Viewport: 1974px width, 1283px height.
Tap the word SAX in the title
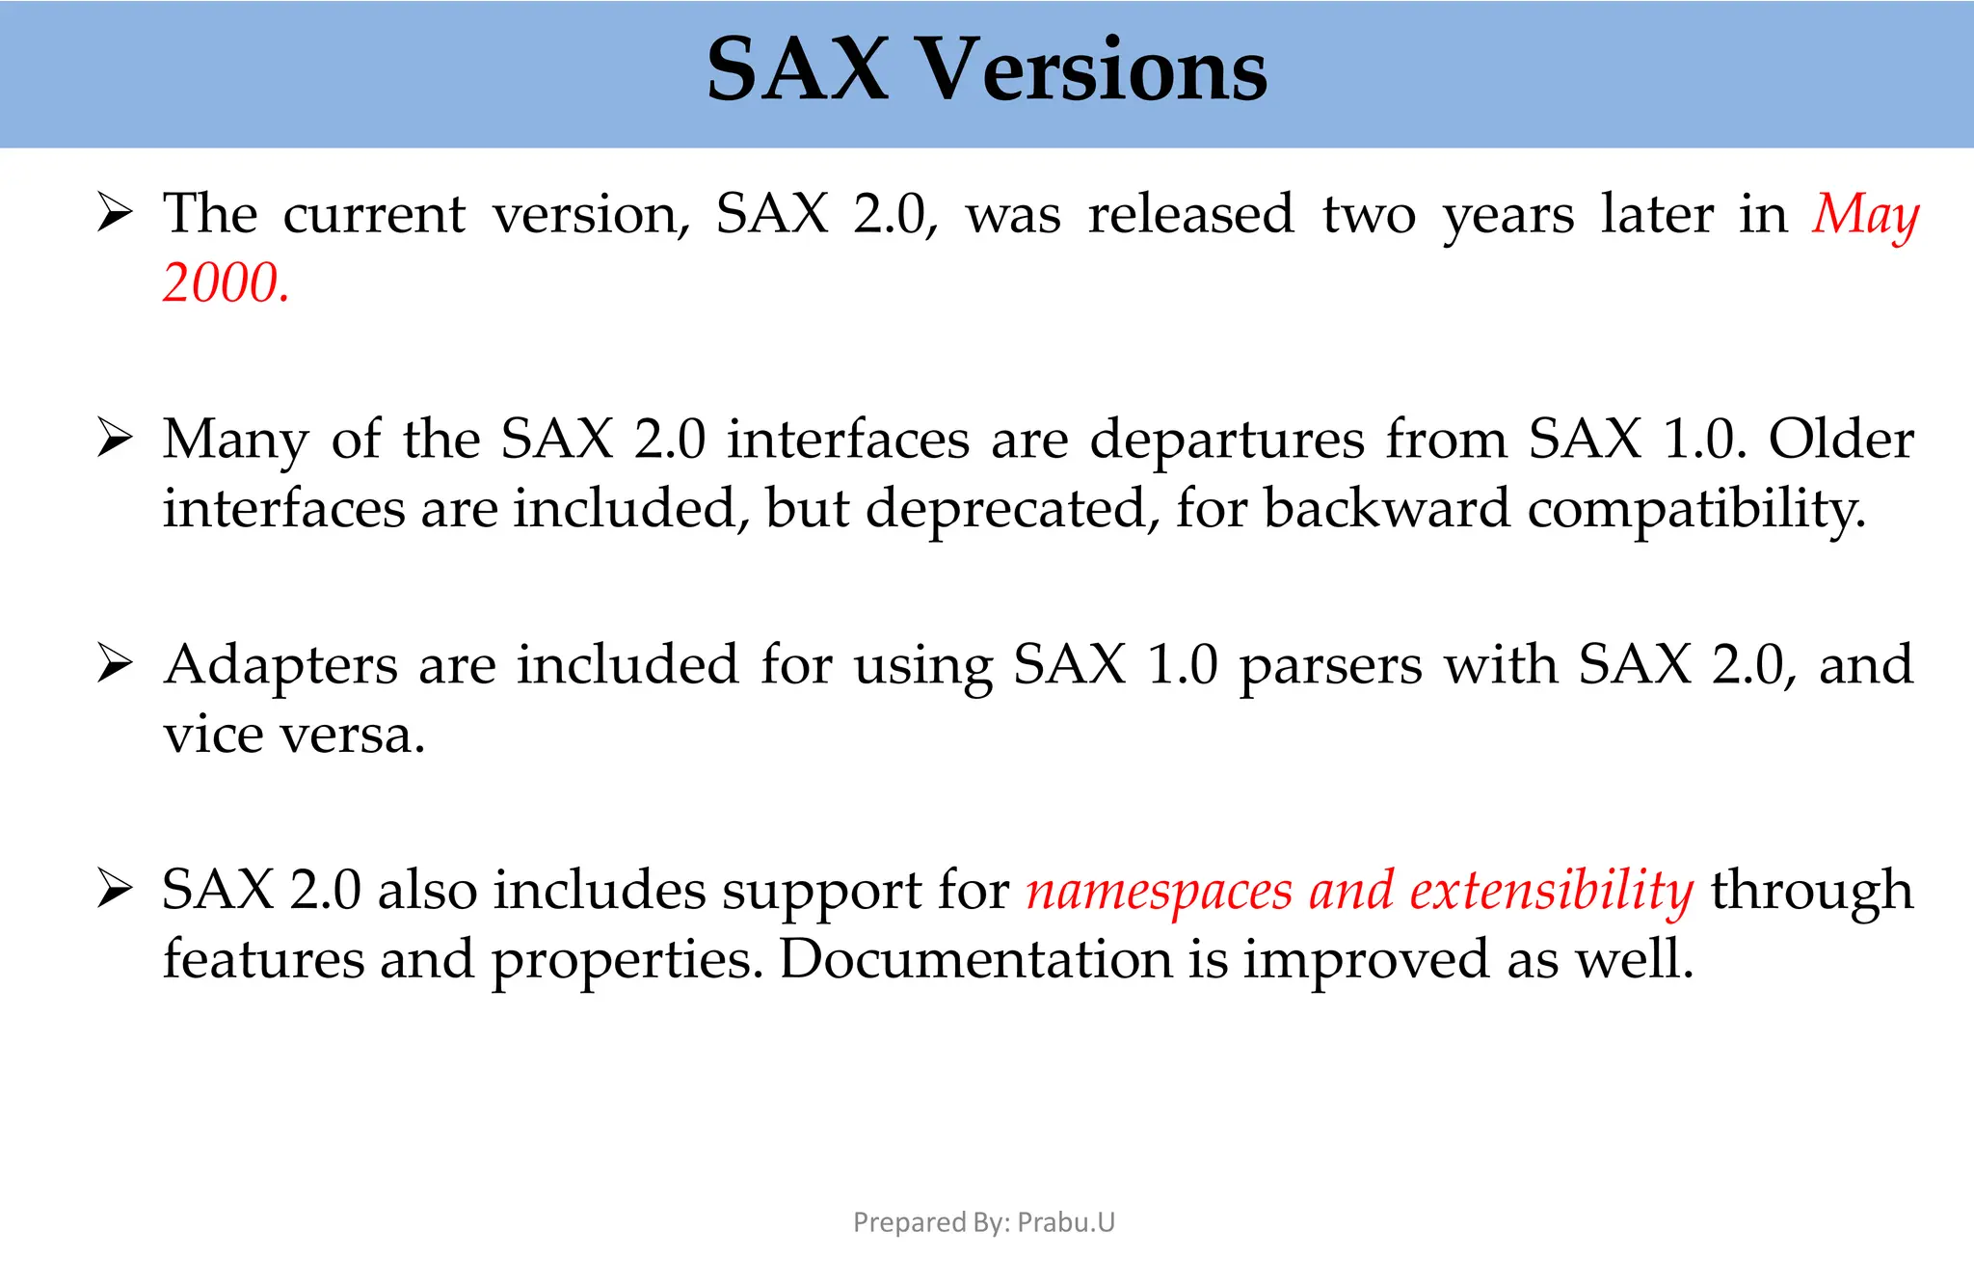pos(797,69)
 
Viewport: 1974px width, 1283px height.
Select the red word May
pos(1865,214)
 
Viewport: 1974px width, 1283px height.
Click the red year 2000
pos(226,283)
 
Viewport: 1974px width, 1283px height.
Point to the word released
pos(1190,213)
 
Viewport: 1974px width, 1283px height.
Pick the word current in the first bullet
pos(374,213)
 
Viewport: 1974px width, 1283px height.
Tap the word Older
pos(1841,440)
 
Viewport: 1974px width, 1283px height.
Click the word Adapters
pos(280,665)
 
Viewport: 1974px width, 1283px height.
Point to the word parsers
pos(1330,665)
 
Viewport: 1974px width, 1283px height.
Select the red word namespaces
pos(1159,890)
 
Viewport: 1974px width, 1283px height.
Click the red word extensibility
pos(1551,890)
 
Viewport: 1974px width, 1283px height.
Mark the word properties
pos(627,961)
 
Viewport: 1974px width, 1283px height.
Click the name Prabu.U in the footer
pos(1066,1222)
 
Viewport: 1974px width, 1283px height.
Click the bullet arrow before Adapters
pos(115,664)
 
